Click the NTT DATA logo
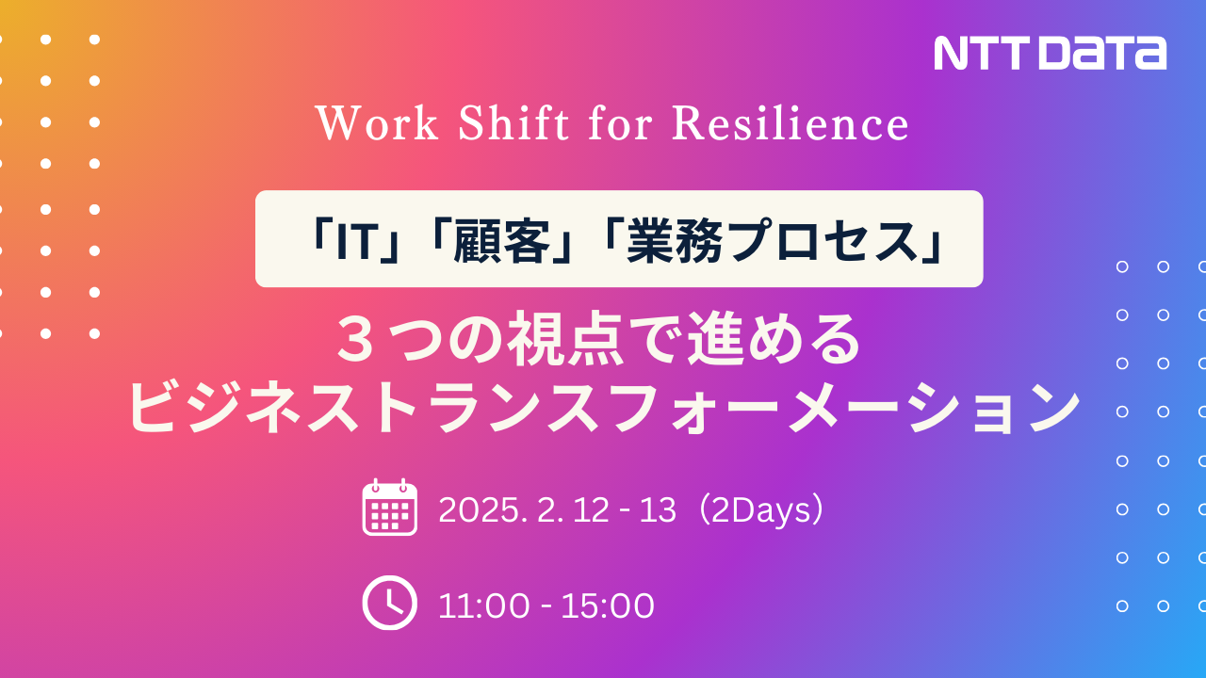tap(1050, 54)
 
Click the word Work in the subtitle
tap(376, 123)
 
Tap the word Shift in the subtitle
tap(513, 122)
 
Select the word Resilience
tap(790, 123)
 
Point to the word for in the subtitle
tap(620, 122)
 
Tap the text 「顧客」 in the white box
tap(499, 240)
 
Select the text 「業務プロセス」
tap(774, 240)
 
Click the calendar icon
tap(390, 508)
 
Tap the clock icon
tap(389, 603)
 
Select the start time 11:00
tap(483, 605)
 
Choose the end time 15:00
tap(608, 605)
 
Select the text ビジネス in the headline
tap(243, 407)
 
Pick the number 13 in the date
tap(658, 509)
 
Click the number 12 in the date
tap(591, 509)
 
